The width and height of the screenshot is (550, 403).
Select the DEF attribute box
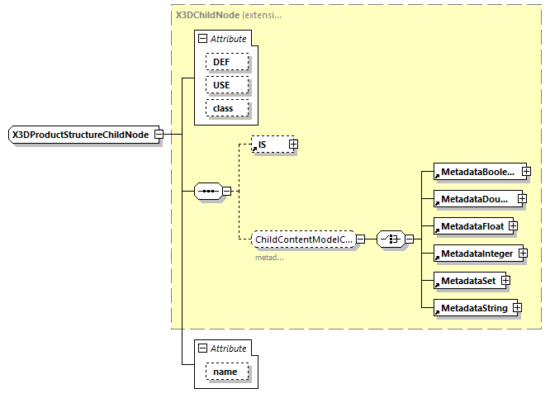tap(222, 62)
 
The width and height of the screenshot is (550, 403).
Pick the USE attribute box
tap(222, 85)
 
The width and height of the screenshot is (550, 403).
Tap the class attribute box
tap(222, 108)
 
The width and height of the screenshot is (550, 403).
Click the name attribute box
tap(225, 372)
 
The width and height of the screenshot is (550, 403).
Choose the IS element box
tap(268, 145)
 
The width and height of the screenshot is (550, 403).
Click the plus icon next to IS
tap(293, 145)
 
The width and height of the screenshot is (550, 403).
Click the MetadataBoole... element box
tap(477, 173)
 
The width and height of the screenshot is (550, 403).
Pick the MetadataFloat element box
tap(471, 225)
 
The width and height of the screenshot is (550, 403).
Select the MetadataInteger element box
tap(477, 253)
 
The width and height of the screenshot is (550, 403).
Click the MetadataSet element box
tap(467, 281)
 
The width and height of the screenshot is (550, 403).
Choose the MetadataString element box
tap(472, 308)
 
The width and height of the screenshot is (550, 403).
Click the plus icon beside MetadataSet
tap(506, 281)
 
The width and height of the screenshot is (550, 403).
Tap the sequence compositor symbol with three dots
tap(207, 192)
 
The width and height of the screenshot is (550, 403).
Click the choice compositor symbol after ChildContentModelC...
tap(389, 239)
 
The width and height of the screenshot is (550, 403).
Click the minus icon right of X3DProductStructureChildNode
tap(159, 135)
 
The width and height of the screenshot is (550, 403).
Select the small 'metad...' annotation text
tap(268, 258)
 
